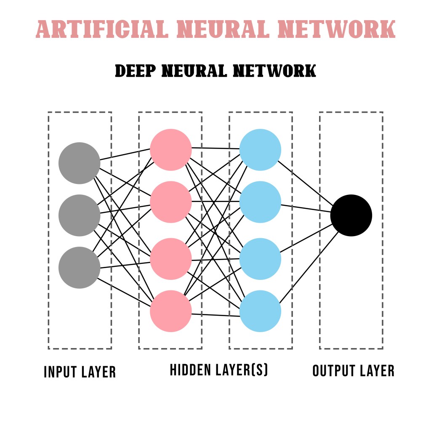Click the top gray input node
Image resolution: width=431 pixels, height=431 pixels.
[x=79, y=163]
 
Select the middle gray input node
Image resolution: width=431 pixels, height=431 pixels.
[x=79, y=215]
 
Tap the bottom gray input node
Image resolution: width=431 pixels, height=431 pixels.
[x=79, y=267]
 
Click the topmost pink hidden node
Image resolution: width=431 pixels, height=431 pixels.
[x=171, y=150]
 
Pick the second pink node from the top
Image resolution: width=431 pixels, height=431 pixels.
[x=171, y=202]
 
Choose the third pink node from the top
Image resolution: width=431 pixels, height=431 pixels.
[x=171, y=259]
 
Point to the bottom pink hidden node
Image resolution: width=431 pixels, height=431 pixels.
[x=171, y=311]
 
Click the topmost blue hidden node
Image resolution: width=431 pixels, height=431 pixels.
[x=260, y=150]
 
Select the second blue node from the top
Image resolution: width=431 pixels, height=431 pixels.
[x=260, y=202]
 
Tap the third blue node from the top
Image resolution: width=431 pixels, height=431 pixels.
[x=260, y=259]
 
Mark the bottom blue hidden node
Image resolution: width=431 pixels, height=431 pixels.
[x=260, y=311]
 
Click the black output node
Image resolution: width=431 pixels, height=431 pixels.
[x=351, y=215]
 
